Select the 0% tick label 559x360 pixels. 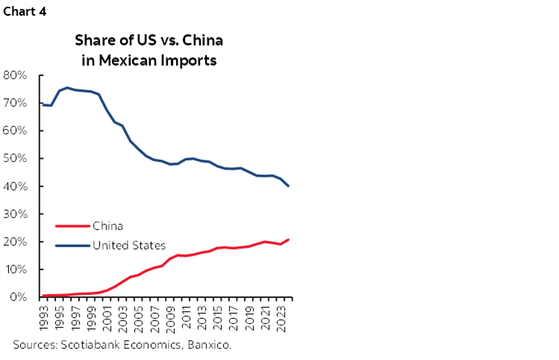click(x=18, y=297)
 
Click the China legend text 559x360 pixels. click(x=107, y=226)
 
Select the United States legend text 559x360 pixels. click(x=128, y=245)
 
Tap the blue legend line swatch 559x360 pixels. click(x=72, y=245)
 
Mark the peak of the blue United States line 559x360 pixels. click(x=67, y=87)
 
